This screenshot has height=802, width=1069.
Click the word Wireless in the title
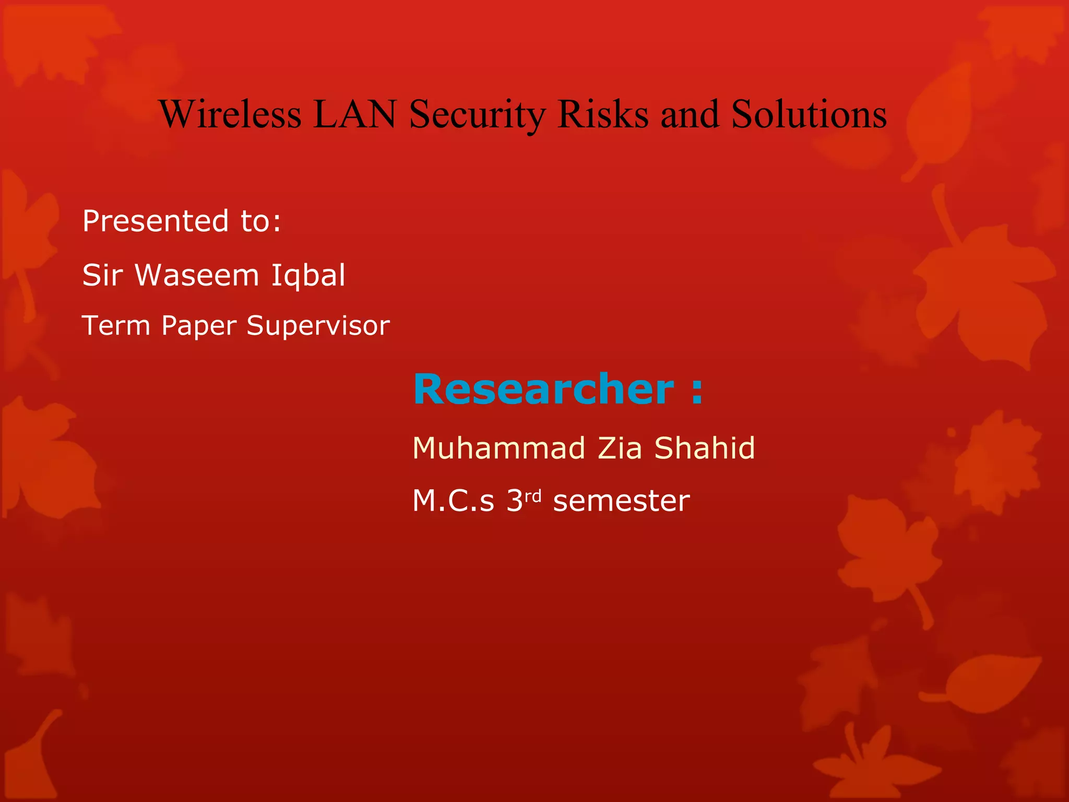pos(230,114)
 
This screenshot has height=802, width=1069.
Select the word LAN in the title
pos(355,114)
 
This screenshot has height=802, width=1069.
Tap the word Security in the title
pos(477,115)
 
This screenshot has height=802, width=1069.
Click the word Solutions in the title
pos(809,114)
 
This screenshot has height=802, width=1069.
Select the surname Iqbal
pos(308,276)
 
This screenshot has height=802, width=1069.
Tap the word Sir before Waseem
pos(102,275)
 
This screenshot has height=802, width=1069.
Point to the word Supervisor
pos(318,326)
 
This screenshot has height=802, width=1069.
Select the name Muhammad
pos(498,448)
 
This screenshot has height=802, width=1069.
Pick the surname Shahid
pos(704,448)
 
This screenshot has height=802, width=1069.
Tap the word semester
pos(621,501)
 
